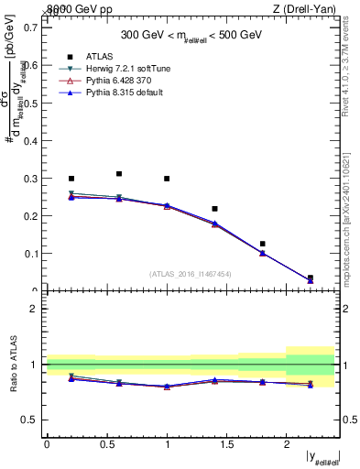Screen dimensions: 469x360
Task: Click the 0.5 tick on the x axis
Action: point(106,442)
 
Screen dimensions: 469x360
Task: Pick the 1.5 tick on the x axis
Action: point(227,442)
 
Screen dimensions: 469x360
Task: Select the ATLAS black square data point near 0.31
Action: point(118,173)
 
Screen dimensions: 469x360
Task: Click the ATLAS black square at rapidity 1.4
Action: point(214,209)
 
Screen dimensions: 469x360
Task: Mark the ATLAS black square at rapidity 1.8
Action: point(262,244)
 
